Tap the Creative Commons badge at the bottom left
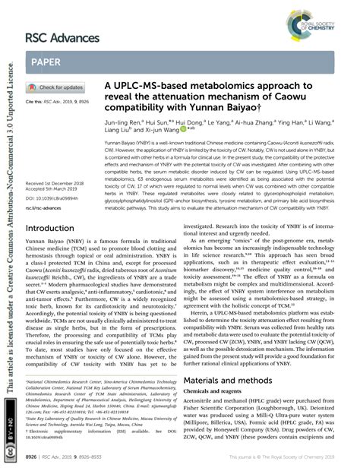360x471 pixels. point(9,444)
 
